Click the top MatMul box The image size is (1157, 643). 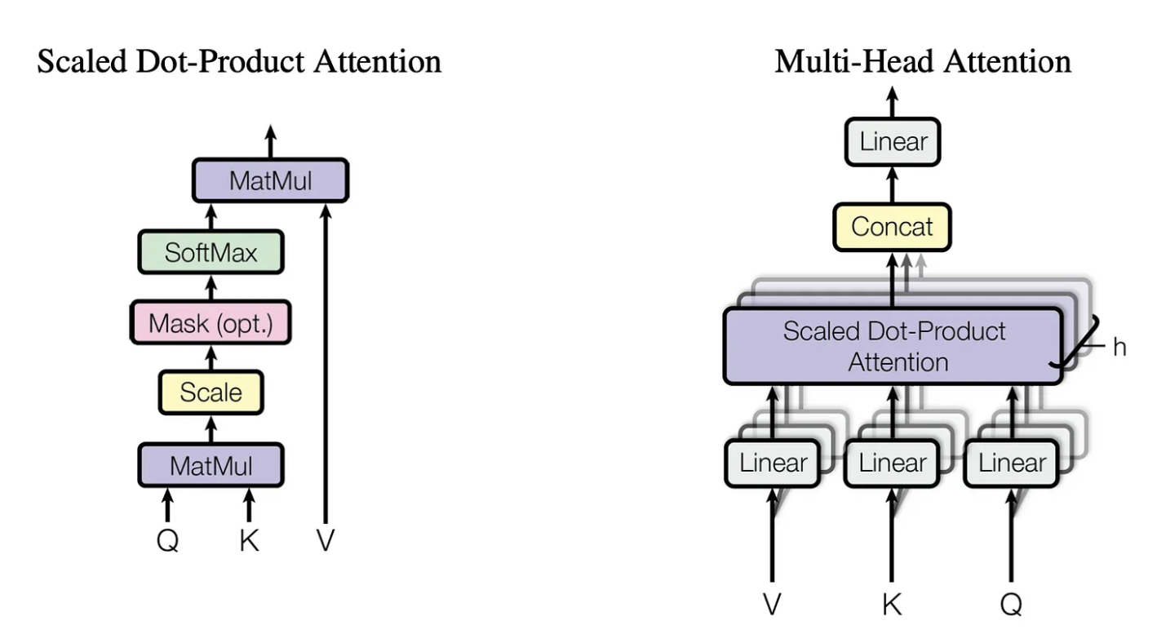(x=271, y=180)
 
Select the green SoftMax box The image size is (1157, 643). (x=211, y=252)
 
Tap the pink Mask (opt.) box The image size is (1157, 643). (x=211, y=323)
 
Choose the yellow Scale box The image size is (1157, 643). (x=211, y=392)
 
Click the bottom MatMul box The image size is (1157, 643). (x=211, y=465)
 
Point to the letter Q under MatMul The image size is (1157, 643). (x=168, y=541)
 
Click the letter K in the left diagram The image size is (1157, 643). (x=249, y=541)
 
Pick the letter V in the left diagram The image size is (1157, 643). (x=326, y=541)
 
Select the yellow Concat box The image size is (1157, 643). (x=892, y=227)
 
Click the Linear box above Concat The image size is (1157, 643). (x=893, y=142)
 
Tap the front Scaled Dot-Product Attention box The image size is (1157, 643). (x=893, y=346)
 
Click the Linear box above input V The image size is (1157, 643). (x=773, y=463)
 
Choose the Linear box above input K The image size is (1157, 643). (x=892, y=463)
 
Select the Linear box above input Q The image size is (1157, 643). (x=1012, y=463)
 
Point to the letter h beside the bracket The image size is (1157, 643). (x=1119, y=347)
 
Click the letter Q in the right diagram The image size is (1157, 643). (x=1011, y=605)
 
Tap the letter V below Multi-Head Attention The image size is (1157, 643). (x=772, y=605)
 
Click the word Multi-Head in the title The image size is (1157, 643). (x=854, y=61)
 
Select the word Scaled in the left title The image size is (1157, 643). (x=82, y=61)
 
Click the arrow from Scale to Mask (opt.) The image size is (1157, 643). (x=211, y=357)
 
